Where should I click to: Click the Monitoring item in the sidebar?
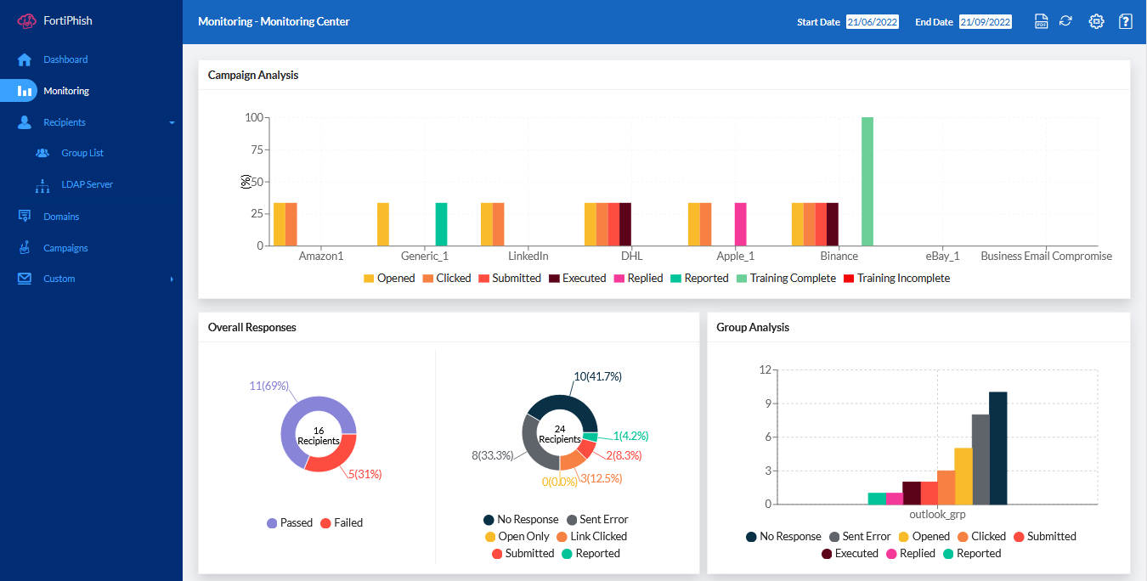pyautogui.click(x=65, y=91)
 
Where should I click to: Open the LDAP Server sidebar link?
pyautogui.click(x=86, y=184)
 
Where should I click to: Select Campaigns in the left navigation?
pyautogui.click(x=65, y=248)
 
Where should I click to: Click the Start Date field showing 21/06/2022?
pyautogui.click(x=872, y=22)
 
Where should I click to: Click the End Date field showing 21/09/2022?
pyautogui.click(x=985, y=22)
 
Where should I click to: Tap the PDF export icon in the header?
pyautogui.click(x=1041, y=22)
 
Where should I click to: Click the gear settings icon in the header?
pyautogui.click(x=1096, y=22)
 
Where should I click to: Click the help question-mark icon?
pyautogui.click(x=1125, y=22)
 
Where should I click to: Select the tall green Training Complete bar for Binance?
pyautogui.click(x=867, y=181)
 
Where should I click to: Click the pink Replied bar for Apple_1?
pyautogui.click(x=740, y=224)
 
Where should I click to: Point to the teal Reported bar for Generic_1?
pyautogui.click(x=441, y=224)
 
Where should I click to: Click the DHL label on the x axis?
pyautogui.click(x=631, y=256)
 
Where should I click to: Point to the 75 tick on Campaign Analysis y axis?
pyautogui.click(x=254, y=149)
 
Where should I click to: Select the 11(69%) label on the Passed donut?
pyautogui.click(x=268, y=386)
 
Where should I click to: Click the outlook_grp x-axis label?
pyautogui.click(x=937, y=515)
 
